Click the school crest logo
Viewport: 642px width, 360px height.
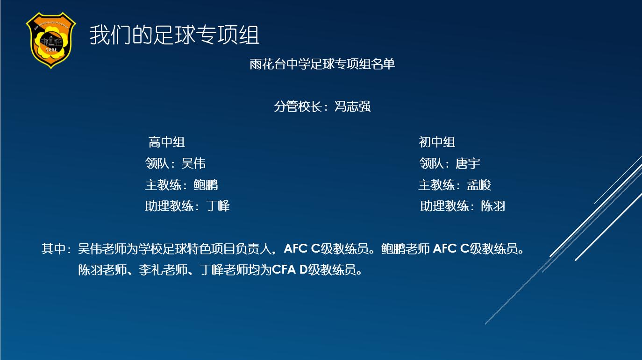(x=51, y=40)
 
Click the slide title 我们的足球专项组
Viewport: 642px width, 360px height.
(x=174, y=35)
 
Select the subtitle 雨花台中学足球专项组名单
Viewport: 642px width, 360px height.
(x=322, y=64)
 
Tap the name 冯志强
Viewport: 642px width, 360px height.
(x=352, y=106)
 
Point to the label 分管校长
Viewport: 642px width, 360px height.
(x=298, y=106)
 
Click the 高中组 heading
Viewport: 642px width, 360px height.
(x=166, y=142)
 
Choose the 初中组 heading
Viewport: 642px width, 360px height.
(x=437, y=142)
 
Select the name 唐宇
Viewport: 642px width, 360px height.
(x=468, y=163)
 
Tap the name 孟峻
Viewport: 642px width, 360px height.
(x=479, y=185)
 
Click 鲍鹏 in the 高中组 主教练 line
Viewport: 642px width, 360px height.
(x=206, y=185)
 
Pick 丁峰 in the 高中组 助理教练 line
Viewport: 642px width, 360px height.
(x=218, y=206)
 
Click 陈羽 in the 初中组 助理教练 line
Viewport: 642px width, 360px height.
(x=493, y=206)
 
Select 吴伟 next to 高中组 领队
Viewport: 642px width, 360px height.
(x=193, y=163)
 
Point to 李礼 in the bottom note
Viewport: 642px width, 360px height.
(x=151, y=270)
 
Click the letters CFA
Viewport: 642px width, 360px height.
(x=284, y=270)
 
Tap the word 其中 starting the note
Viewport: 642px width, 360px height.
(x=54, y=248)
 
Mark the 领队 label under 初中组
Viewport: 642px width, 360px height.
(x=432, y=163)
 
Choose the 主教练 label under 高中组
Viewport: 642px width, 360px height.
(x=164, y=185)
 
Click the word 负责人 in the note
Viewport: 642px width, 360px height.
(x=253, y=248)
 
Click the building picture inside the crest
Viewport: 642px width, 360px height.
(x=51, y=42)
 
